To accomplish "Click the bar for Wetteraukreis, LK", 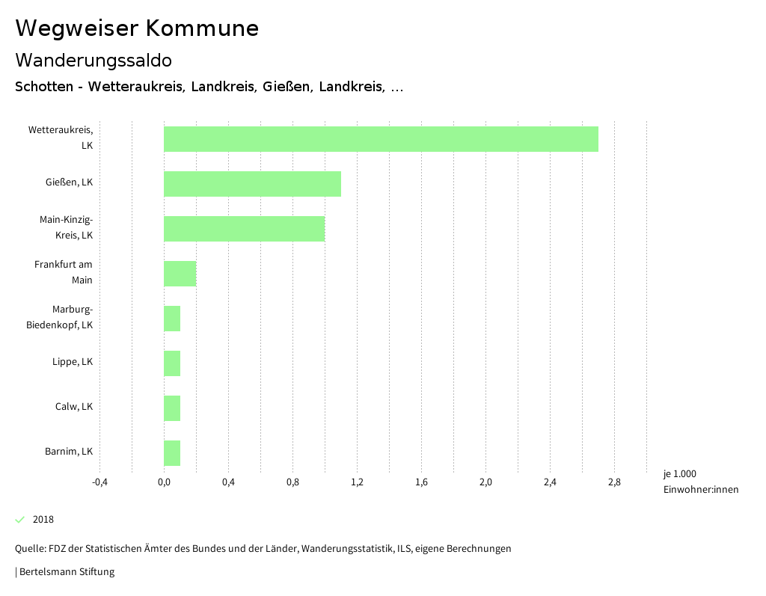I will tap(381, 139).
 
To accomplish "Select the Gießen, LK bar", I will tap(252, 184).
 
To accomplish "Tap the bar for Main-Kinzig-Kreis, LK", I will tap(244, 229).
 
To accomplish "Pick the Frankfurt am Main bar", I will tap(180, 274).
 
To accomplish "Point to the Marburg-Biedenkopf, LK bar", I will tap(172, 319).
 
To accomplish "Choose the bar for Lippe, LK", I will tap(172, 363).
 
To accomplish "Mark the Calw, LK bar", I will tap(172, 408).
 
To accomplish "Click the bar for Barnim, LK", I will tap(172, 453).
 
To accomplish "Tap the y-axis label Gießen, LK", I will tap(69, 182).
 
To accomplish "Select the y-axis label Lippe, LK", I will tap(73, 362).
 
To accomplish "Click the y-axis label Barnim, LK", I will tap(69, 452).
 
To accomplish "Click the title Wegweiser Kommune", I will tap(137, 28).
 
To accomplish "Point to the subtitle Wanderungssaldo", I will tap(94, 60).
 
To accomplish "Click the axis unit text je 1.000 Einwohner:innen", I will tap(700, 482).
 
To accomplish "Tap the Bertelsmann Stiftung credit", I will tap(66, 572).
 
